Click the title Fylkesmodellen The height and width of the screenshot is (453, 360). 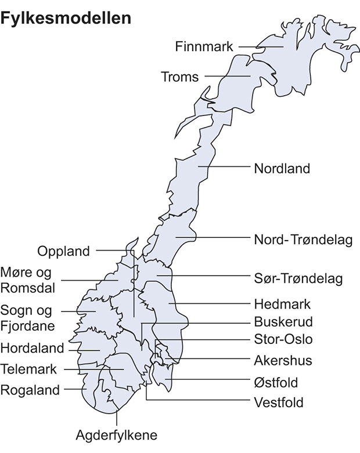(x=66, y=19)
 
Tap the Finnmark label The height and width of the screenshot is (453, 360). (x=204, y=46)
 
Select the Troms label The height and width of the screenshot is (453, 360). (x=179, y=77)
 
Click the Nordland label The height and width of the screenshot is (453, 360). (x=282, y=169)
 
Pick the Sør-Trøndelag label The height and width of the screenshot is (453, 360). (x=298, y=278)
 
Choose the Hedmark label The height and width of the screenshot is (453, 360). (x=283, y=304)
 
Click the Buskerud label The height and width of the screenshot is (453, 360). (x=283, y=322)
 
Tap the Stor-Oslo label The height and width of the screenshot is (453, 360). (x=283, y=339)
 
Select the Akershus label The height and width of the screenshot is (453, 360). (x=283, y=360)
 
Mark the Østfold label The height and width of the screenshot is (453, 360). (x=276, y=382)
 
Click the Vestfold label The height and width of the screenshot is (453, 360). (x=278, y=402)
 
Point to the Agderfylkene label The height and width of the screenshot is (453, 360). (x=117, y=435)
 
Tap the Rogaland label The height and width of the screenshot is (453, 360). (x=30, y=390)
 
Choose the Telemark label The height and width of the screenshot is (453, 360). (x=29, y=369)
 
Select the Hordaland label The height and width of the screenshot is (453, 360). (x=32, y=349)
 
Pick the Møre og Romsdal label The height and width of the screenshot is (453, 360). (x=27, y=280)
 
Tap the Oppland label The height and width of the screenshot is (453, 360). (x=64, y=251)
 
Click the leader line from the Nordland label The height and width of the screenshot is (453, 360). (x=226, y=167)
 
